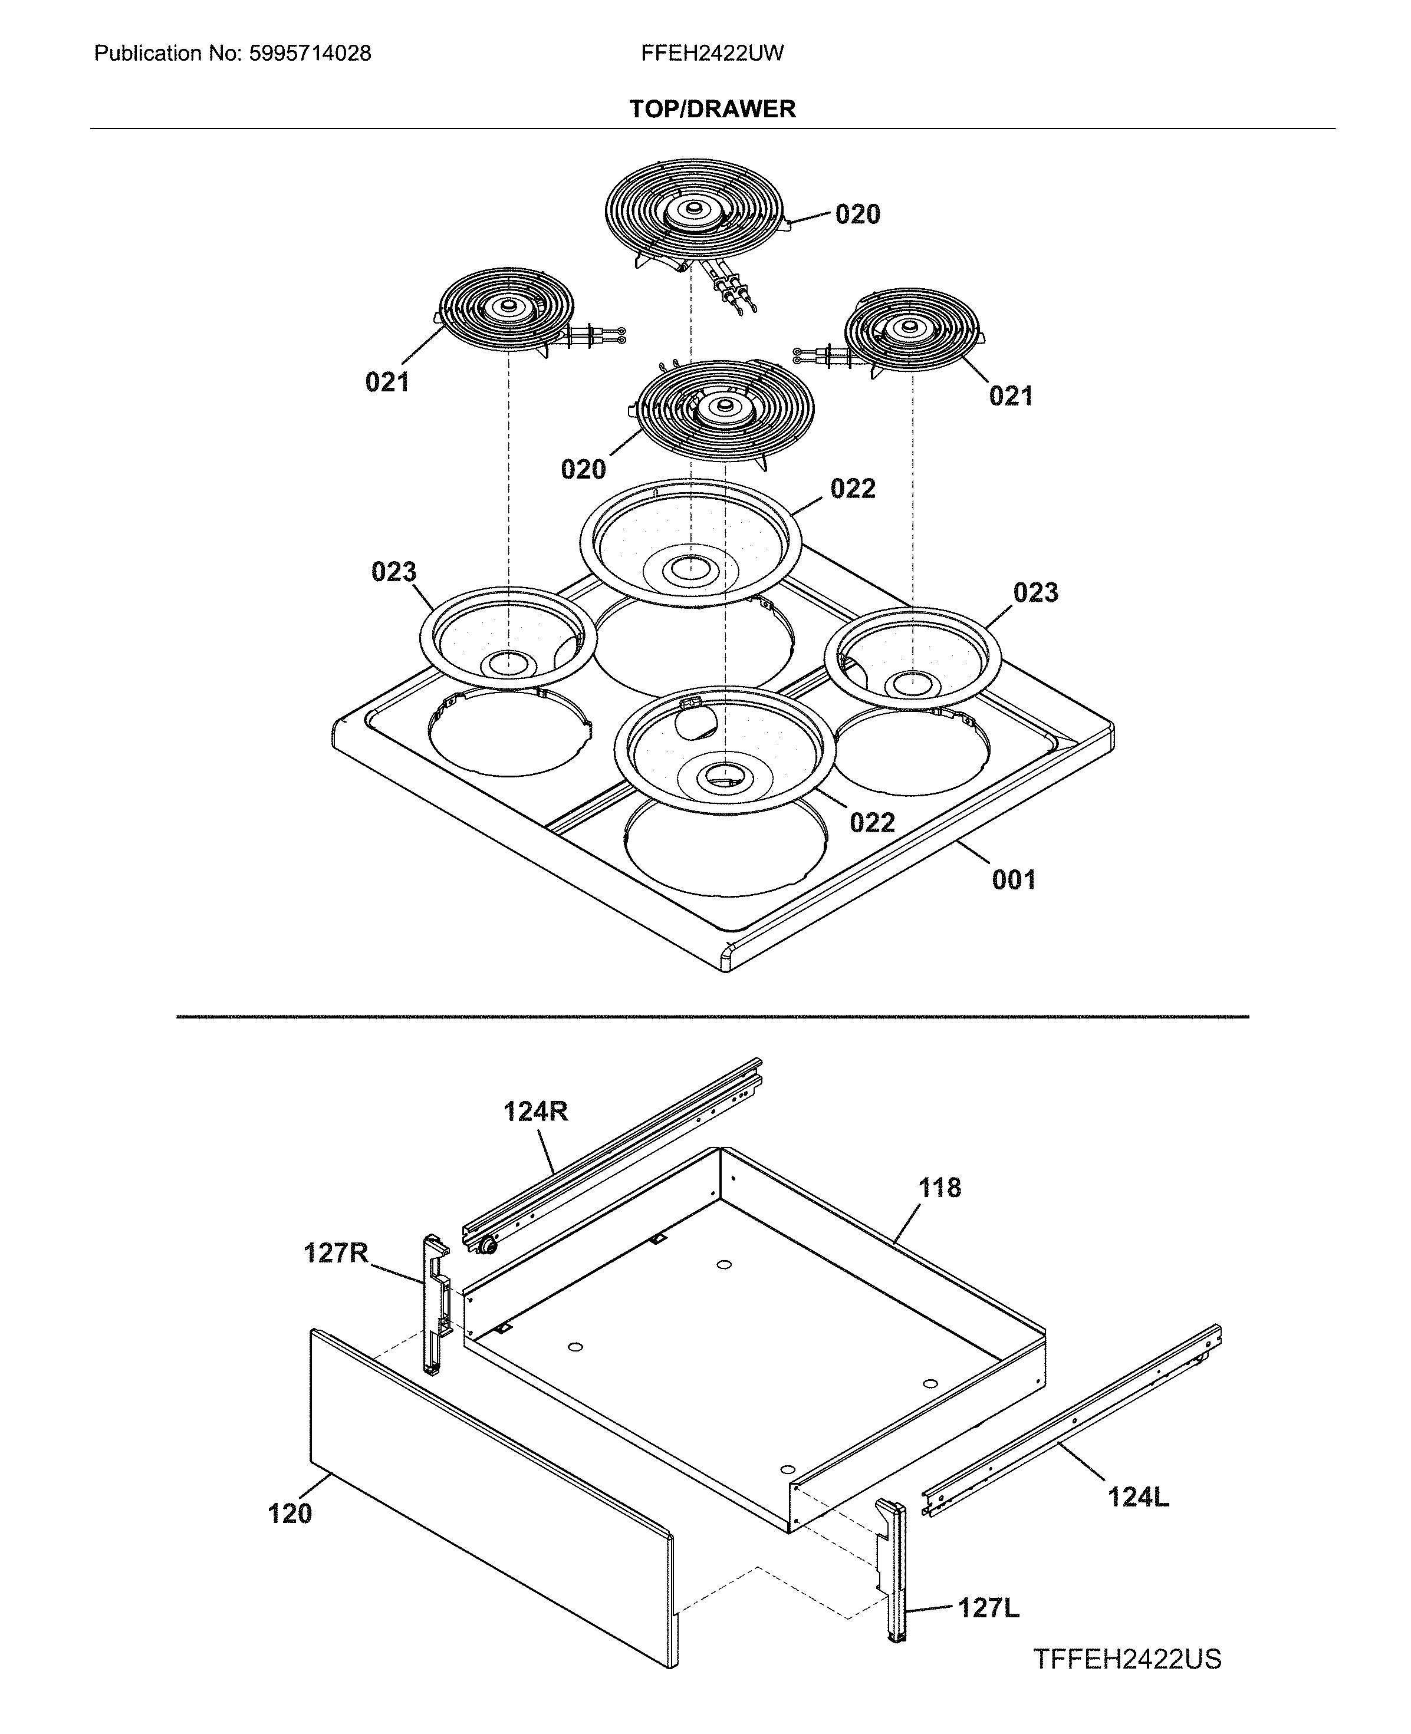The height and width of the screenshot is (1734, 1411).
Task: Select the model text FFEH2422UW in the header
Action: pyautogui.click(x=712, y=54)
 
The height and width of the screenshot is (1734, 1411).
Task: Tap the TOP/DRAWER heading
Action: pyautogui.click(x=712, y=109)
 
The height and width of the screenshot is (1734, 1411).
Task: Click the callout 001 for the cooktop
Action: pyautogui.click(x=1014, y=880)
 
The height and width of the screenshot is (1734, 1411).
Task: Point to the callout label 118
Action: pyautogui.click(x=939, y=1188)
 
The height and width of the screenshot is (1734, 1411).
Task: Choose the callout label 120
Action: pyautogui.click(x=290, y=1514)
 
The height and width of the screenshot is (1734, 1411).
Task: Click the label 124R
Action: pyautogui.click(x=535, y=1112)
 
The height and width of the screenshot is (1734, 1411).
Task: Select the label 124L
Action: pyautogui.click(x=1138, y=1496)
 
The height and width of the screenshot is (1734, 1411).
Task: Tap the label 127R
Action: pyautogui.click(x=336, y=1253)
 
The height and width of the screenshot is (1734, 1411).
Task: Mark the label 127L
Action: pyautogui.click(x=988, y=1608)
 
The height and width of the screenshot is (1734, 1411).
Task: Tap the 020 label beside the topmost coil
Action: pyautogui.click(x=857, y=215)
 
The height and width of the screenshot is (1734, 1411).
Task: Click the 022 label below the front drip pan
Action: pyautogui.click(x=872, y=823)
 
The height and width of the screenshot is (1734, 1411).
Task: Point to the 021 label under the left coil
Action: pyautogui.click(x=387, y=382)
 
